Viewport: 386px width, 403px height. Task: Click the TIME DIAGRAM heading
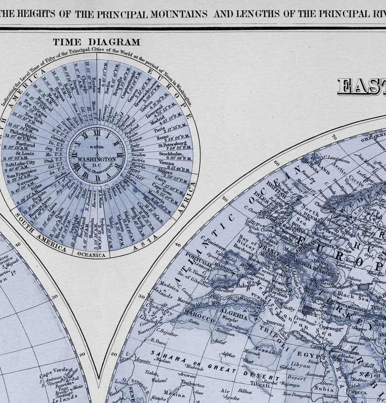(96, 42)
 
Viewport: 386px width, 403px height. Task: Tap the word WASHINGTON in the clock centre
(97, 159)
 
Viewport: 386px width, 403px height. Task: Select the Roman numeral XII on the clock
(97, 133)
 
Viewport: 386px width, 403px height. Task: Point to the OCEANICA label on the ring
(91, 254)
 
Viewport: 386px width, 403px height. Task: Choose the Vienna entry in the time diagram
(167, 163)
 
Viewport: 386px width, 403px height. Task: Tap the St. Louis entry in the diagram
(19, 154)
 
